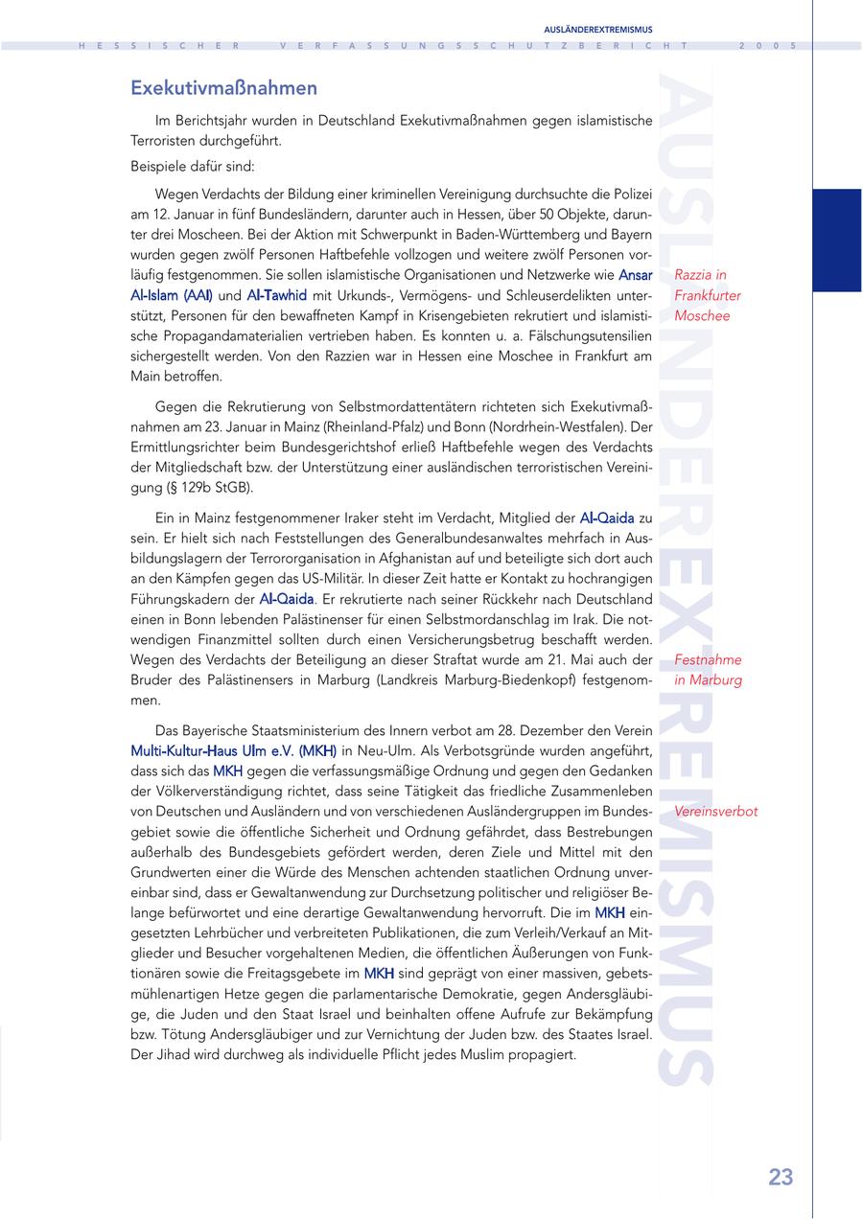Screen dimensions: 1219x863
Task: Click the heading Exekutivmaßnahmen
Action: (223, 88)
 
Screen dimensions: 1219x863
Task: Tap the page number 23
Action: (781, 1177)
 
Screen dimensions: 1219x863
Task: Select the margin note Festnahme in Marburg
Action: (708, 670)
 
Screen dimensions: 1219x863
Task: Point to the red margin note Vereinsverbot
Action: (715, 811)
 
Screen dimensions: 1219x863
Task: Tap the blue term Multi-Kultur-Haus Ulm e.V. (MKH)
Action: (234, 749)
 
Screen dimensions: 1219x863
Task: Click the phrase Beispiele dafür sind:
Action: (186, 165)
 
